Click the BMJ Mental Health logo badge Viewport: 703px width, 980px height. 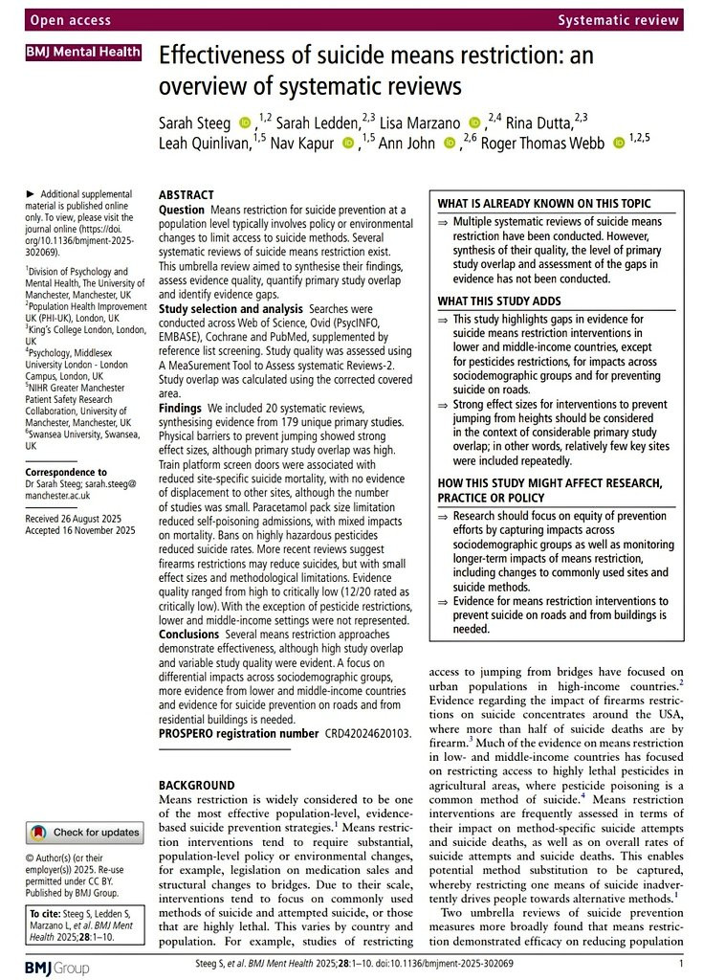84,53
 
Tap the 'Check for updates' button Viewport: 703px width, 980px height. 84,832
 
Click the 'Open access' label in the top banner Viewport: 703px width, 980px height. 71,19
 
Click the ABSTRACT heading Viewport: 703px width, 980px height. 187,194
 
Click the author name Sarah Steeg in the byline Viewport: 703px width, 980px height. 195,122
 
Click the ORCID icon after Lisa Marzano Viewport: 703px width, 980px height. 475,122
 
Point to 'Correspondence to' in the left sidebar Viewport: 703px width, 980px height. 67,472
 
